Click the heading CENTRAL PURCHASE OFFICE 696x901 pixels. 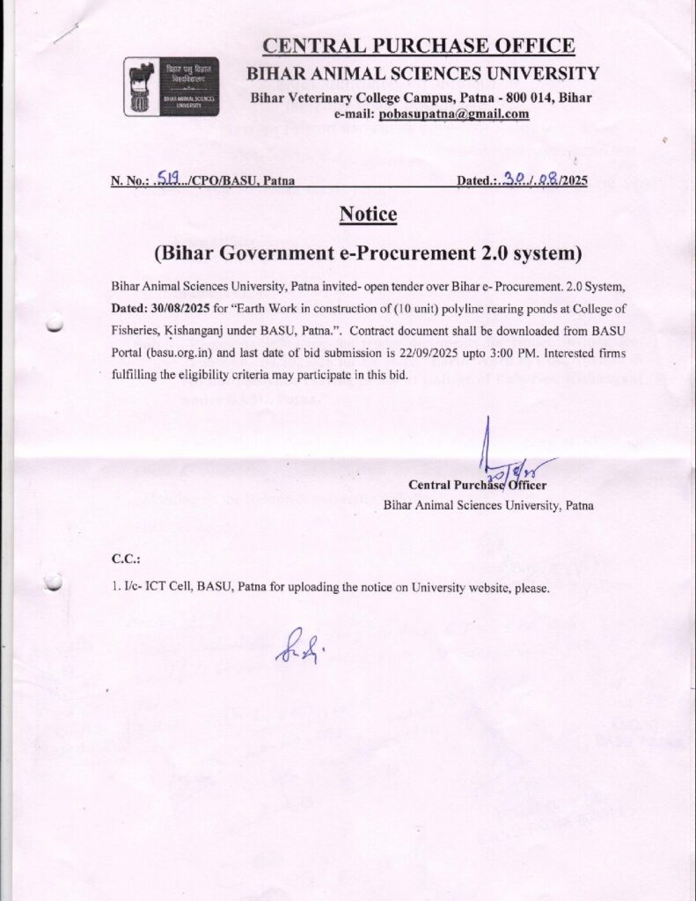421,46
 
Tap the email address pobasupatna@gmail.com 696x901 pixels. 453,114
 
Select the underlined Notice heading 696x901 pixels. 368,214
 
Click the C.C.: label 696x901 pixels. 126,559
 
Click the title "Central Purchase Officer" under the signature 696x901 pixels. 477,485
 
